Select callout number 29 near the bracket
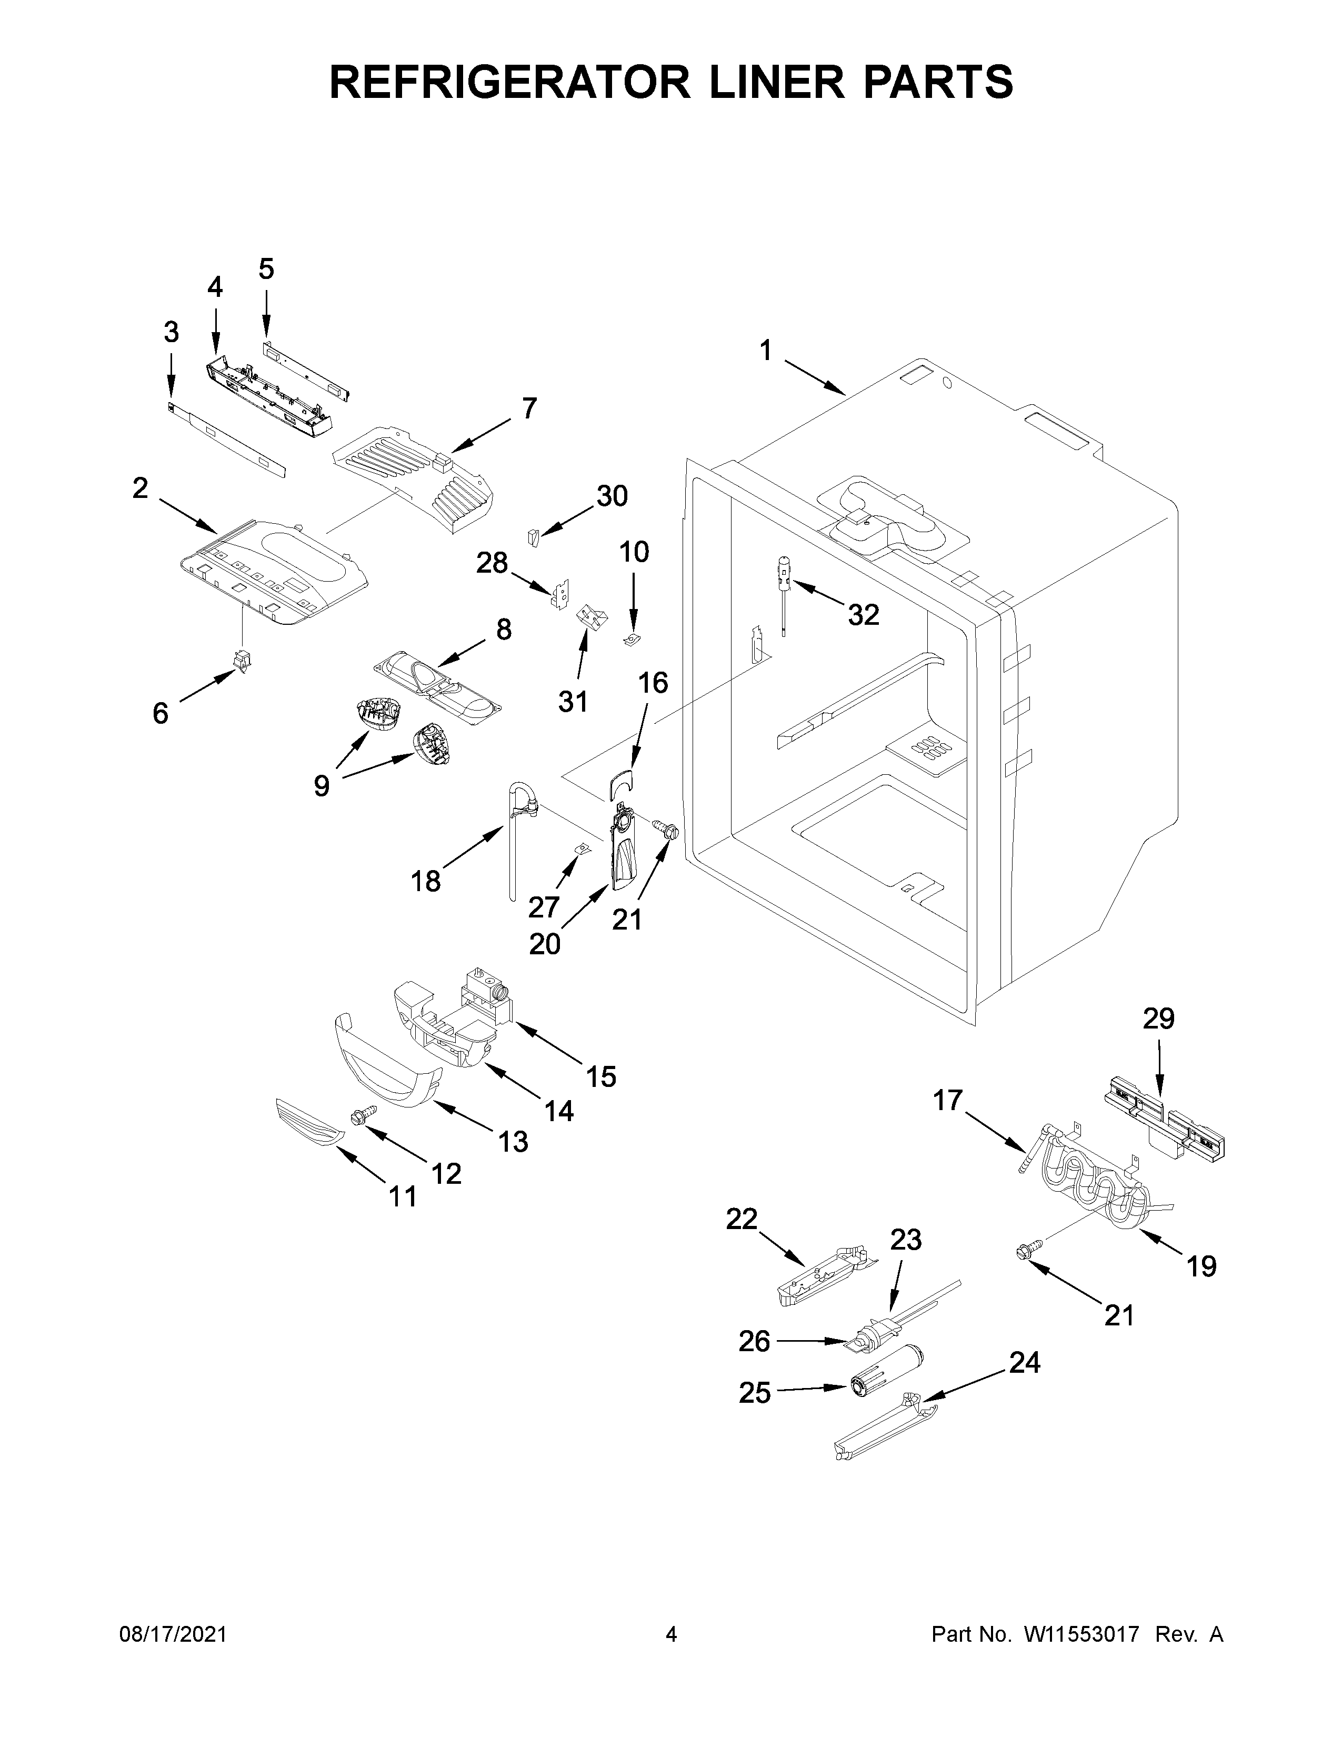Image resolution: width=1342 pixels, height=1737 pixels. tap(1158, 1019)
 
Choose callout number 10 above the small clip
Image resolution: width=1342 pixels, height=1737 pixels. tap(634, 552)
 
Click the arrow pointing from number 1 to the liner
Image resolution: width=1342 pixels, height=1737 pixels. tap(814, 378)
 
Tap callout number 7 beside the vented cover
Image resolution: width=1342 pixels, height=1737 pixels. tap(529, 409)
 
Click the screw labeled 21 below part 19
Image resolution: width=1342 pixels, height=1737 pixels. tap(1023, 1253)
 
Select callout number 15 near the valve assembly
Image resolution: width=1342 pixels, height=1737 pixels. tap(601, 1077)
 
